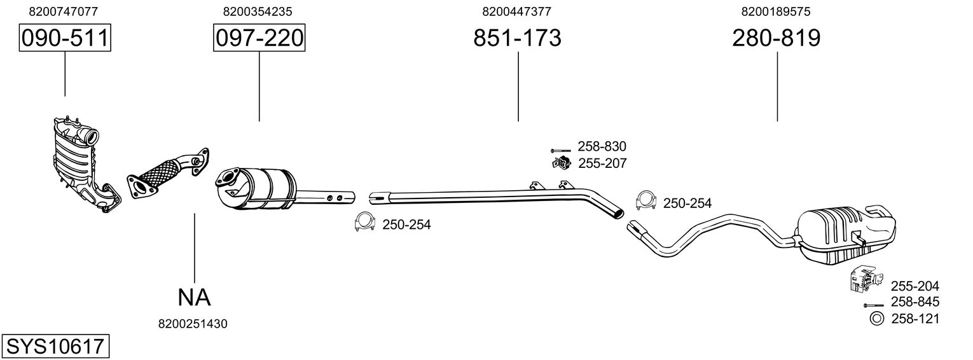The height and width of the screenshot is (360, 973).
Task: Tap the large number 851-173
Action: coord(517,38)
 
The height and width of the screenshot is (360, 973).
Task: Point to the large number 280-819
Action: coord(776,38)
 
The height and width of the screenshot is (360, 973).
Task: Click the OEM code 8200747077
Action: coord(64,11)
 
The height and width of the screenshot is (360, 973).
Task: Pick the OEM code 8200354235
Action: coord(258,11)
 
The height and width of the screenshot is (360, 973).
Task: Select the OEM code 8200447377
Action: coord(516,11)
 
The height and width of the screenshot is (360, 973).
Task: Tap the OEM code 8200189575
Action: coord(775,11)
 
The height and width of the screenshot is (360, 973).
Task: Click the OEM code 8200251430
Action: coord(193,324)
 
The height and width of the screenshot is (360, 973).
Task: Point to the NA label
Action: coord(194,296)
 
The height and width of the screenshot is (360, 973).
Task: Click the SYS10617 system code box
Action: coord(55,347)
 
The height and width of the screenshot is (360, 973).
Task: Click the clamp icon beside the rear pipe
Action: coord(646,200)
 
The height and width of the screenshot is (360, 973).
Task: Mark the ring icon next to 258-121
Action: coord(876,319)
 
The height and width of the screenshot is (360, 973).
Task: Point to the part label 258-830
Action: coord(602,146)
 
